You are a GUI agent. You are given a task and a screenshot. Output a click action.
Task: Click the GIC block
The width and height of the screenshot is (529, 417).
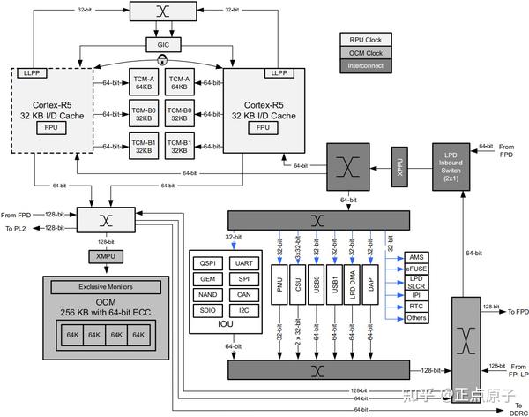click(x=163, y=44)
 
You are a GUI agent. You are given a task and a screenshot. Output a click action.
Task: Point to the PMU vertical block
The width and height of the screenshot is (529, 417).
click(x=280, y=284)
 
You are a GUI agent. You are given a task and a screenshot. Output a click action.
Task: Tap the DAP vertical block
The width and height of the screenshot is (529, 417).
click(x=371, y=284)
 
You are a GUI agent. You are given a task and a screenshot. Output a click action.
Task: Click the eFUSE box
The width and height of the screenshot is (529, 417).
click(x=417, y=267)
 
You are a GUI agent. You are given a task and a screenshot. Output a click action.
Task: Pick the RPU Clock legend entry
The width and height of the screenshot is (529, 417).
click(x=365, y=40)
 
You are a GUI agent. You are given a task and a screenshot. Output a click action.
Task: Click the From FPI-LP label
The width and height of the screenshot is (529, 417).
click(x=510, y=369)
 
